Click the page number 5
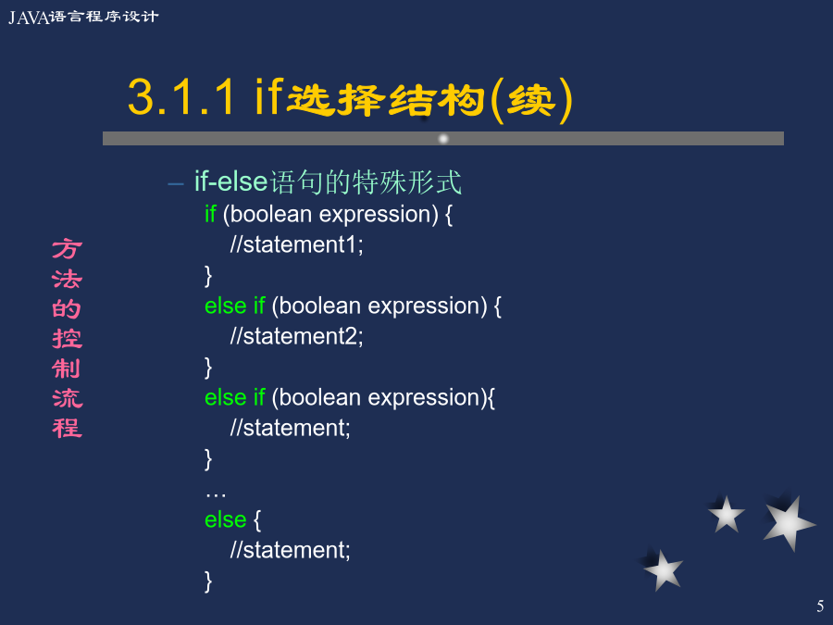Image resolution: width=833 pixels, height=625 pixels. [x=820, y=606]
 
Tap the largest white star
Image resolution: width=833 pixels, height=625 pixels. [x=789, y=523]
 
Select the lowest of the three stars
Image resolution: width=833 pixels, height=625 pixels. [x=663, y=570]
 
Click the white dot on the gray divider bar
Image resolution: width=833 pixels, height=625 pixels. [x=443, y=139]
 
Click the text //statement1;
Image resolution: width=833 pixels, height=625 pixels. [x=296, y=245]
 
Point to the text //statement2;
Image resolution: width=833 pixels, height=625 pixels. [x=296, y=336]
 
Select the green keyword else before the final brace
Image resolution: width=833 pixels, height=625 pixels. [x=225, y=519]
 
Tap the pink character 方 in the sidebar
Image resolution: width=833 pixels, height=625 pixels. [x=67, y=249]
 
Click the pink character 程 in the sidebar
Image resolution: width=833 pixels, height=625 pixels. [x=67, y=428]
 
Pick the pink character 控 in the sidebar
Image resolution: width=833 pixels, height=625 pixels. [x=67, y=339]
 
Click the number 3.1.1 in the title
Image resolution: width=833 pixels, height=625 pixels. [x=181, y=96]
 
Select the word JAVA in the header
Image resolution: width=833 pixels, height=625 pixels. [x=29, y=18]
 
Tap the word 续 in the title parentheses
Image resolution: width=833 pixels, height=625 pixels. [x=531, y=100]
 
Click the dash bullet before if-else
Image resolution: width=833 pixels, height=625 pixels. [x=175, y=184]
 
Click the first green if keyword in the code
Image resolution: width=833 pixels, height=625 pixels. [x=210, y=214]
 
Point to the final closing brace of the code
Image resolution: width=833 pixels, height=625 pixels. [x=208, y=581]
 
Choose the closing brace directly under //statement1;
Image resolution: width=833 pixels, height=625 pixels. [x=208, y=276]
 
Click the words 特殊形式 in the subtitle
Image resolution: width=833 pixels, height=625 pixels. [x=407, y=182]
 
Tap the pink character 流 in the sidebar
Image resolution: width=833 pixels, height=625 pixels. [x=67, y=398]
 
